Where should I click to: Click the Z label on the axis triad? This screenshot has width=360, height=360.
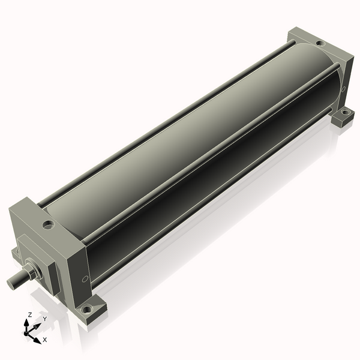click(x=29, y=314)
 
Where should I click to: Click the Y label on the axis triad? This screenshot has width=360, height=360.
click(x=45, y=319)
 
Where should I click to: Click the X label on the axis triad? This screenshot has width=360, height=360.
click(x=45, y=340)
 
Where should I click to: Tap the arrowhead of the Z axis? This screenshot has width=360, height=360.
click(x=26, y=323)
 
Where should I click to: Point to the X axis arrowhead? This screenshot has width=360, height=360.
click(x=37, y=340)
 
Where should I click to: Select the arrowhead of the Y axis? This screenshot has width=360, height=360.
click(x=37, y=326)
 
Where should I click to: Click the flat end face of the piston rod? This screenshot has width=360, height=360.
click(x=11, y=283)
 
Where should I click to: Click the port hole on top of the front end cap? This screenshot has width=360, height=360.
click(x=49, y=224)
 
